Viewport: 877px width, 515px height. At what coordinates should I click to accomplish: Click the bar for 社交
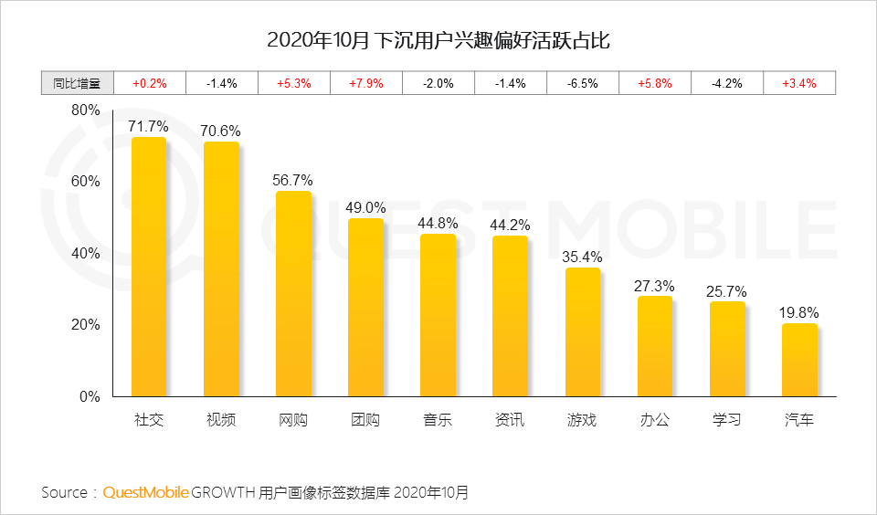tap(149, 267)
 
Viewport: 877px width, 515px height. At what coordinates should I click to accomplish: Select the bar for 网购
tap(293, 294)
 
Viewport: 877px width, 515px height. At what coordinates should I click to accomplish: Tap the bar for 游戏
tap(583, 332)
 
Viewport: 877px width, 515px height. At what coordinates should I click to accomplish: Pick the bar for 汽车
tap(799, 360)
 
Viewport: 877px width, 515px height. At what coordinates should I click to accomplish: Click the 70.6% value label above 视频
tap(221, 131)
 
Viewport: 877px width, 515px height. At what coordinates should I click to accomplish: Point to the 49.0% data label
tap(365, 207)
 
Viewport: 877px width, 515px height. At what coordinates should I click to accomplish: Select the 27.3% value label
tap(654, 286)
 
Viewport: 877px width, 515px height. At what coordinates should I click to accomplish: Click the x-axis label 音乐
tap(438, 420)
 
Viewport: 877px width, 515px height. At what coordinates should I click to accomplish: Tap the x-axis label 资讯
tap(510, 420)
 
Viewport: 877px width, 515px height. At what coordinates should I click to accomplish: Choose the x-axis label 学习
tap(727, 420)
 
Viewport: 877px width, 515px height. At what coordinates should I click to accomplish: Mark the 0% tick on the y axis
tap(89, 397)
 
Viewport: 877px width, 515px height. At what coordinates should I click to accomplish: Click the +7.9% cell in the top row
tap(366, 83)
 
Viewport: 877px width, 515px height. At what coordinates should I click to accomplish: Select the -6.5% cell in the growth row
tap(583, 83)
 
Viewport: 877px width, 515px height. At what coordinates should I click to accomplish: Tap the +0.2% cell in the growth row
tap(150, 83)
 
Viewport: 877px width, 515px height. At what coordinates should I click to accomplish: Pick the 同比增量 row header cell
tap(77, 83)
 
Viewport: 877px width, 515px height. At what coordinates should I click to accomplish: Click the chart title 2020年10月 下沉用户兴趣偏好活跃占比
tap(438, 41)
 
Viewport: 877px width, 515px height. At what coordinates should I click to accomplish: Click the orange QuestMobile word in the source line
tap(146, 493)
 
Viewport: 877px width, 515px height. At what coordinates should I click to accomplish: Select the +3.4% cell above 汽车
tap(799, 83)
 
